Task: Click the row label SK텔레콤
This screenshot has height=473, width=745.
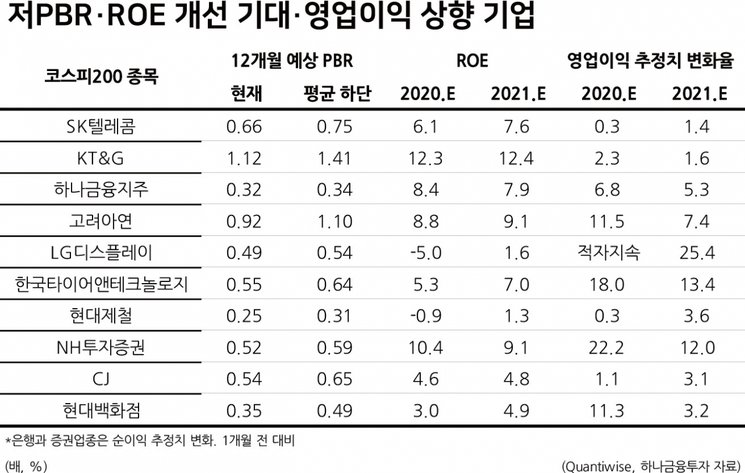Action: pyautogui.click(x=101, y=126)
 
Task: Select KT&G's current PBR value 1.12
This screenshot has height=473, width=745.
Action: pyautogui.click(x=244, y=158)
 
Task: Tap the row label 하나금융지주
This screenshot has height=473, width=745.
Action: pyautogui.click(x=101, y=189)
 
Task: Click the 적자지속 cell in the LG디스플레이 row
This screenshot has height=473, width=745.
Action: pyautogui.click(x=609, y=252)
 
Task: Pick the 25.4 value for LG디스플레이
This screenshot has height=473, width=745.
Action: pyautogui.click(x=697, y=253)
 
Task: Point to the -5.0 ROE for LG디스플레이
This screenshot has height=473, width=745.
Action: pyautogui.click(x=425, y=253)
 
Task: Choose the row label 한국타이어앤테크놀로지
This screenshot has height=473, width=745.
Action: pyautogui.click(x=101, y=284)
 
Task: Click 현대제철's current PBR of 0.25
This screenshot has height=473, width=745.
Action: pyautogui.click(x=244, y=316)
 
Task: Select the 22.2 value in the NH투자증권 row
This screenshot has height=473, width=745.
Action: pyautogui.click(x=606, y=348)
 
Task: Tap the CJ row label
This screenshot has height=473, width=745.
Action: pyautogui.click(x=101, y=379)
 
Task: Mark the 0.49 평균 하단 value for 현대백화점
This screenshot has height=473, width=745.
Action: pyautogui.click(x=334, y=411)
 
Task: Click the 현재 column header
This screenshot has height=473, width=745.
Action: pyautogui.click(x=246, y=94)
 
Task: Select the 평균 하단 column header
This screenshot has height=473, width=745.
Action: pyautogui.click(x=337, y=94)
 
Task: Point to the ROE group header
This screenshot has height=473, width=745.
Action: pyautogui.click(x=472, y=61)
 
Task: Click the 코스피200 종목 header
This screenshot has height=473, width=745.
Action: pyautogui.click(x=101, y=77)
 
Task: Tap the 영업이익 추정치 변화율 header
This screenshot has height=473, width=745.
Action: pyautogui.click(x=651, y=61)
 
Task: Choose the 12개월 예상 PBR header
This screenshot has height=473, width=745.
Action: pyautogui.click(x=292, y=61)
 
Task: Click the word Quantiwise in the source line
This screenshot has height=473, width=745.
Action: pyautogui.click(x=598, y=467)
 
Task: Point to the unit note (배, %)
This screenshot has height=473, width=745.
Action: pyautogui.click(x=26, y=467)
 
